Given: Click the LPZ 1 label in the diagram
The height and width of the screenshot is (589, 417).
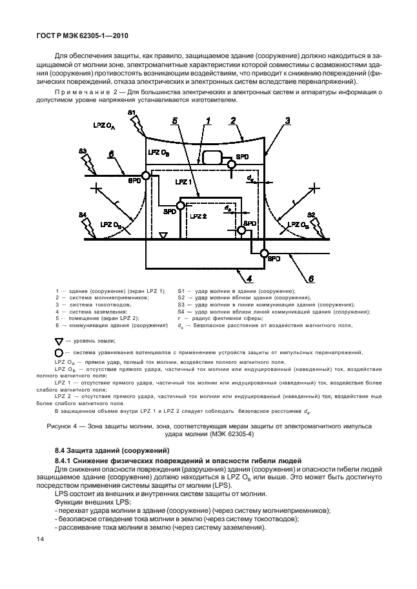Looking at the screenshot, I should coord(172,184).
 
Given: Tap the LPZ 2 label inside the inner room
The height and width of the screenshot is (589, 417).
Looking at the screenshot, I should coord(198,215).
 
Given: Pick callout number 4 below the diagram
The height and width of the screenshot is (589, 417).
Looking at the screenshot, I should coord(247,279).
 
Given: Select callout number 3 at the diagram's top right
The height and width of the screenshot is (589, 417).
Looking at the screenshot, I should coord(289,121).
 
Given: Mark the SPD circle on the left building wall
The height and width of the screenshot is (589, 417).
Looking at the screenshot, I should coord(146,175).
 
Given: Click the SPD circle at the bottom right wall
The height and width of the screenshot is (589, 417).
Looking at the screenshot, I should coord(263,252).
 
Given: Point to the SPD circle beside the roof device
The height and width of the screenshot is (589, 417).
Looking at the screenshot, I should coord(230,165).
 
